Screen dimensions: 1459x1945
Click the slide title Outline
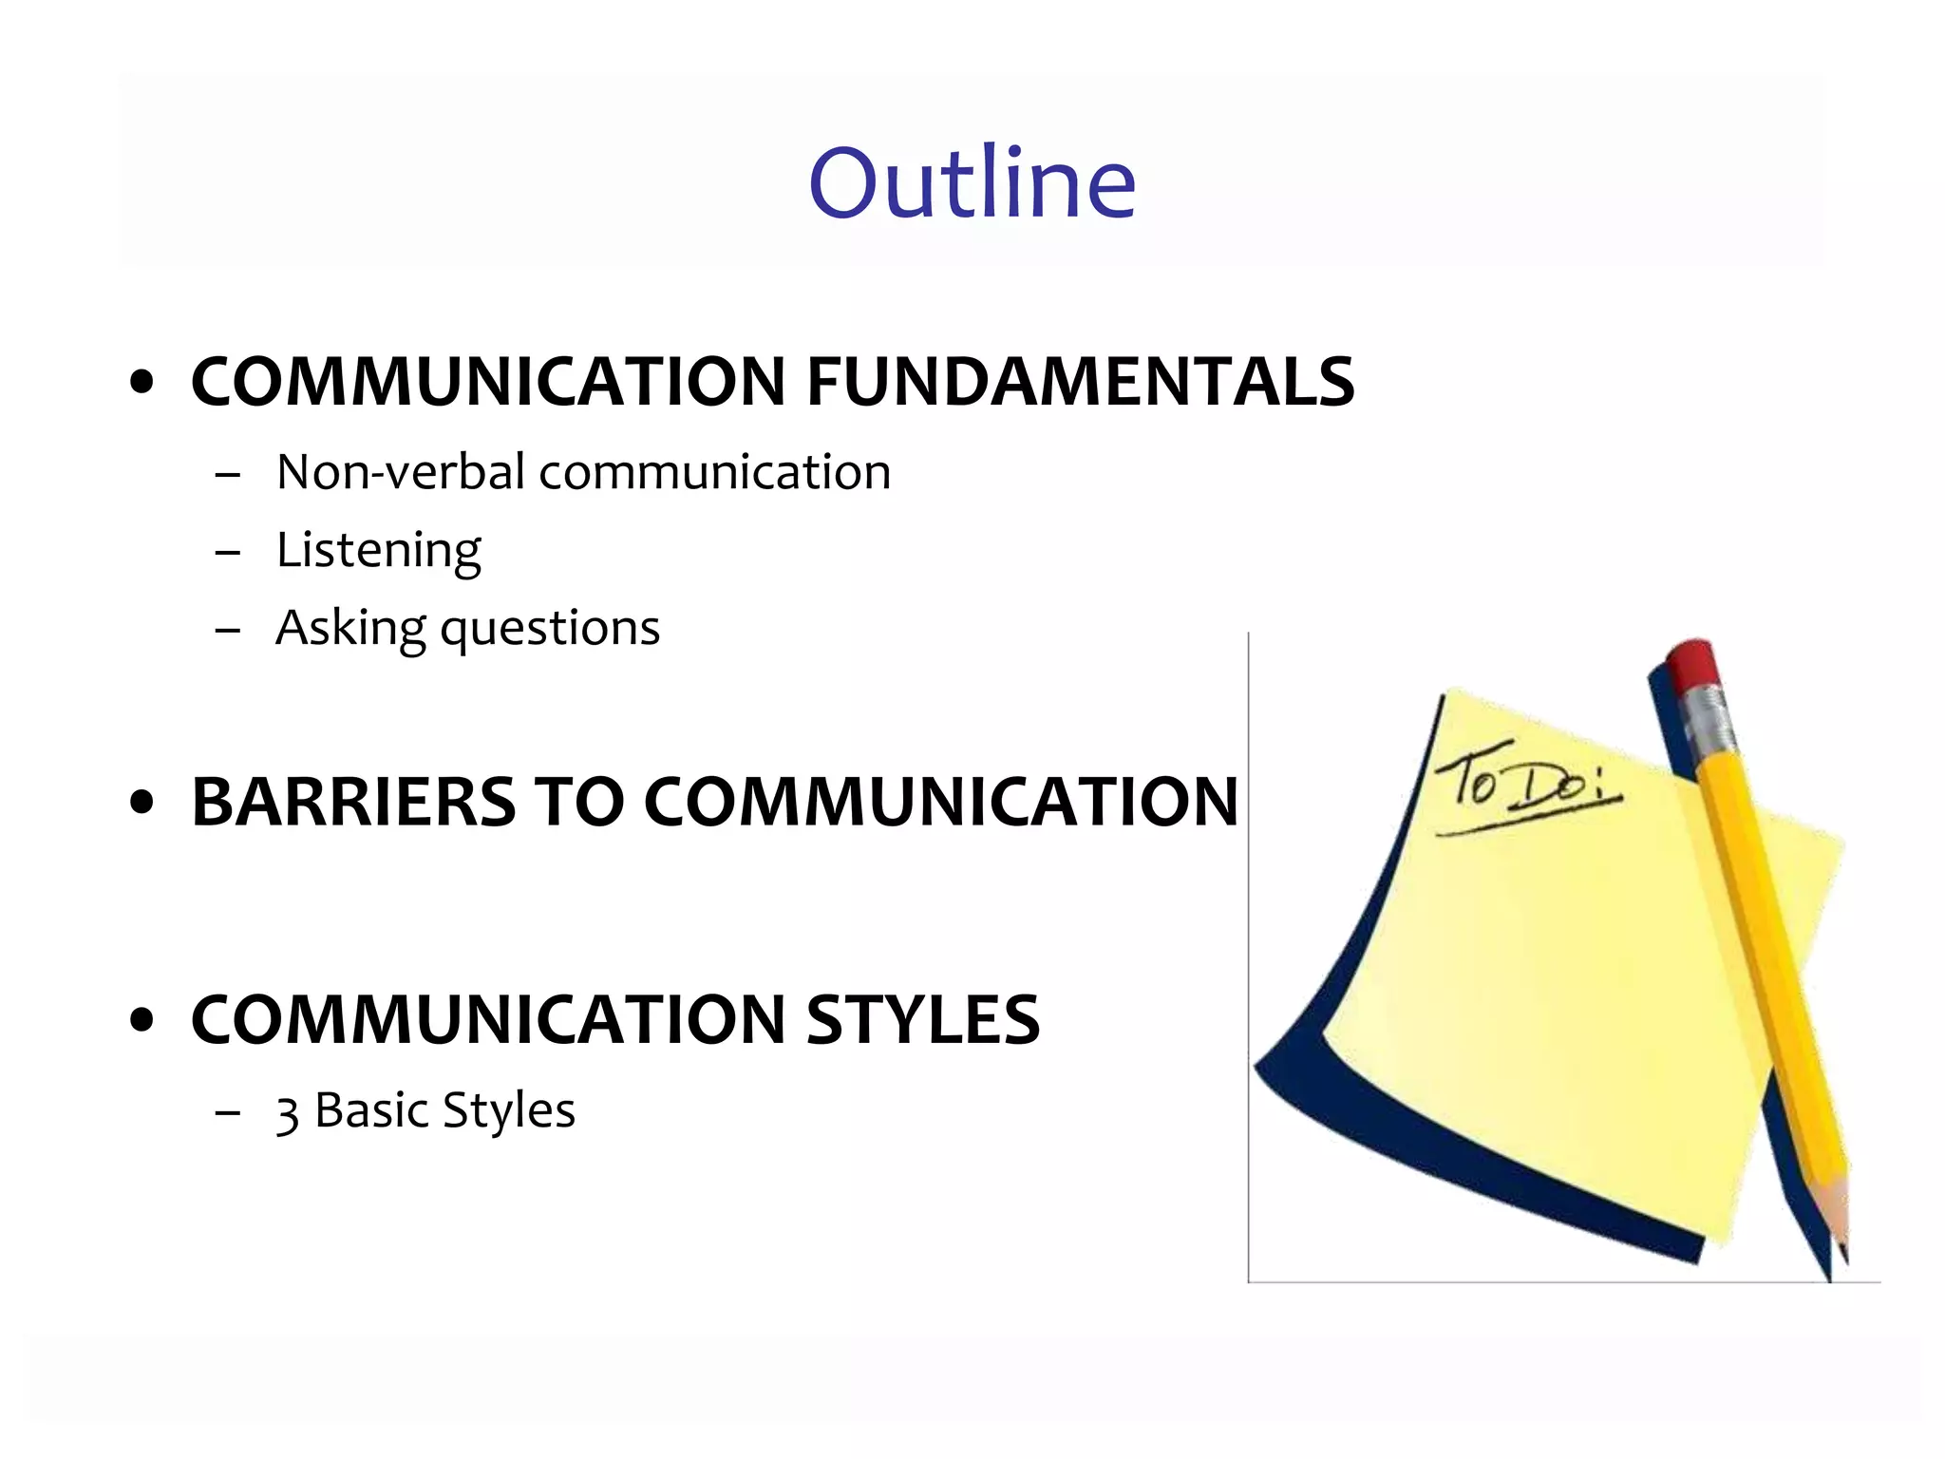[x=972, y=182]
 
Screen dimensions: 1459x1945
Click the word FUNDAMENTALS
[x=1080, y=382]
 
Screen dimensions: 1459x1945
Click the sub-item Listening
[x=378, y=551]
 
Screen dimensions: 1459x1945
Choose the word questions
[x=550, y=629]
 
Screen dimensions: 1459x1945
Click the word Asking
[x=350, y=629]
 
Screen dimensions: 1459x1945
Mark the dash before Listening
[x=228, y=551]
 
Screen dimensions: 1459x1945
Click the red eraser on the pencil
[x=1693, y=664]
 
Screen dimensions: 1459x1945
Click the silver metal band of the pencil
[x=1709, y=722]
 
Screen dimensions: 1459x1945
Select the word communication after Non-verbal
[x=714, y=472]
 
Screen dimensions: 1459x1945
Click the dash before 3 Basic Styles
[x=228, y=1111]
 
